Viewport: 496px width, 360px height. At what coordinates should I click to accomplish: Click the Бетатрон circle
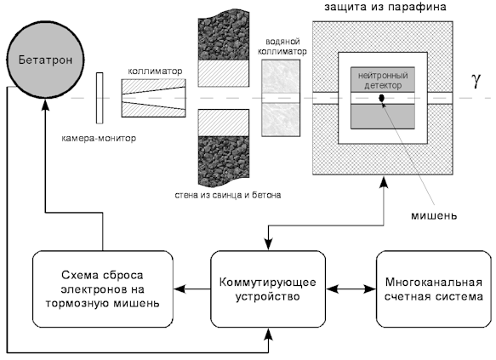(x=45, y=60)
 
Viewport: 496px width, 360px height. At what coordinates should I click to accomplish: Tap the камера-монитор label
(x=99, y=138)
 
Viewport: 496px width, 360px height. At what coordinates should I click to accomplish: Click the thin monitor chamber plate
(x=100, y=98)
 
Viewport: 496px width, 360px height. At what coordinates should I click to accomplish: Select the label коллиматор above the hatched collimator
(x=155, y=71)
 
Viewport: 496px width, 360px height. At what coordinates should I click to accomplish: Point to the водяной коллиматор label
(x=282, y=47)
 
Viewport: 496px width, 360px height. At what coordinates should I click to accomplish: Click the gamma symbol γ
(x=476, y=80)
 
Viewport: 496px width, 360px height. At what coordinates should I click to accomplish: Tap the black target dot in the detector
(x=382, y=98)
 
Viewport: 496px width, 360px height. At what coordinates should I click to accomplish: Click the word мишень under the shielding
(x=434, y=215)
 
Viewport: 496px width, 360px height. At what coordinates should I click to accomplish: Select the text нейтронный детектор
(x=383, y=80)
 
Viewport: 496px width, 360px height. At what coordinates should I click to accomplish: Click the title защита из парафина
(x=385, y=7)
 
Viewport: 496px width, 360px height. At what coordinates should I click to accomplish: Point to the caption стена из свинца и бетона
(x=228, y=195)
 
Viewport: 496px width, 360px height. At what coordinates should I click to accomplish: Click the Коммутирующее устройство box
(x=268, y=289)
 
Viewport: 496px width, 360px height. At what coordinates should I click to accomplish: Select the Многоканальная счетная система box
(x=433, y=289)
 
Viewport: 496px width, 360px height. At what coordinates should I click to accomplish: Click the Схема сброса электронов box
(x=103, y=289)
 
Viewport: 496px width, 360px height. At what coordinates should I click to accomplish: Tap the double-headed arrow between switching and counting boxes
(x=351, y=289)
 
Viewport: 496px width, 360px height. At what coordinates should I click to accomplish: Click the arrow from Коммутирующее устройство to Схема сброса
(x=192, y=289)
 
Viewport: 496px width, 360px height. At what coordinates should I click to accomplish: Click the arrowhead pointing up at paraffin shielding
(x=384, y=181)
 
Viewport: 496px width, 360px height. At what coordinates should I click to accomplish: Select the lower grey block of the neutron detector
(x=383, y=116)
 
